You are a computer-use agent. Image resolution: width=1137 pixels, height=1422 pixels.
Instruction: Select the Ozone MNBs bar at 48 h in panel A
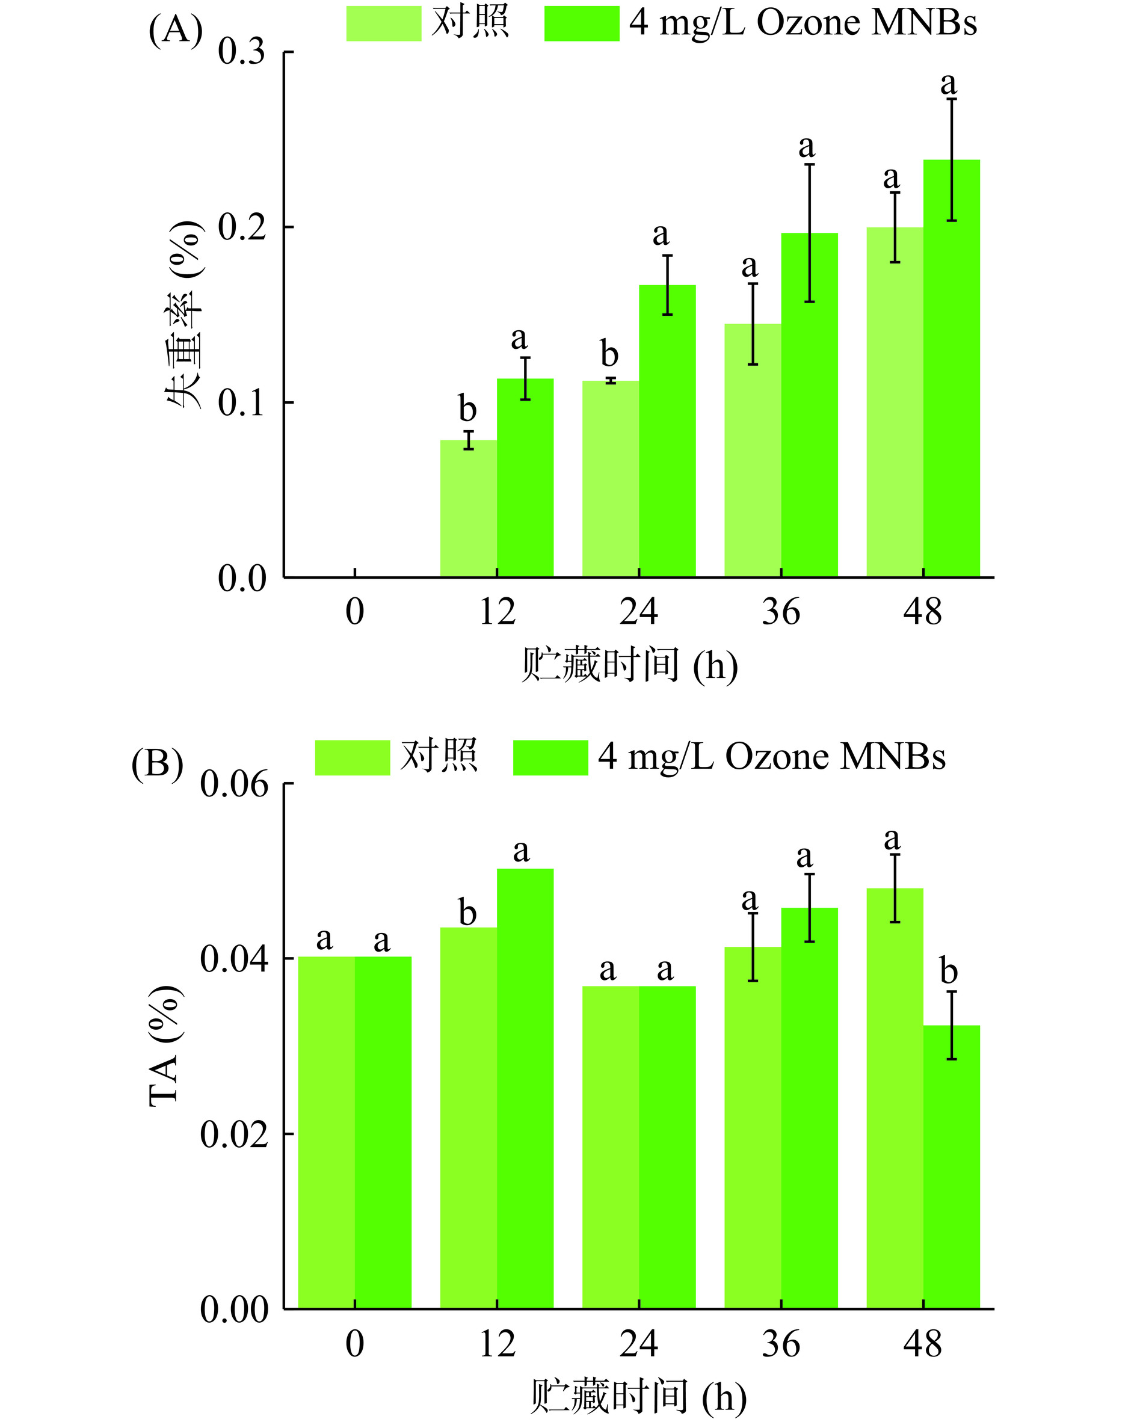tap(951, 369)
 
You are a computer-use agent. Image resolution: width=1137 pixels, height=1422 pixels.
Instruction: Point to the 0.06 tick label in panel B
tap(234, 784)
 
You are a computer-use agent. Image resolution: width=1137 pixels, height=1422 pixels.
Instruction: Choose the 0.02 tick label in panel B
tap(234, 1134)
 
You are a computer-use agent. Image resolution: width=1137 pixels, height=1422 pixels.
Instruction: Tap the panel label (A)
tap(176, 29)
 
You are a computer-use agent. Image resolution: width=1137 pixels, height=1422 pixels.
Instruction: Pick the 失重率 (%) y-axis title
tap(183, 315)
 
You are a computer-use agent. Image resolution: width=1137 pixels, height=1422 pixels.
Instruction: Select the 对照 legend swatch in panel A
tap(384, 23)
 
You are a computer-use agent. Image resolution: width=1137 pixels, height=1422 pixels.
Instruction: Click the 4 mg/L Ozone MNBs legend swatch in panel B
tap(550, 757)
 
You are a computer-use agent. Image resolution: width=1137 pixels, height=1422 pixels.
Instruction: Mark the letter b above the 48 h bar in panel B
tap(948, 971)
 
